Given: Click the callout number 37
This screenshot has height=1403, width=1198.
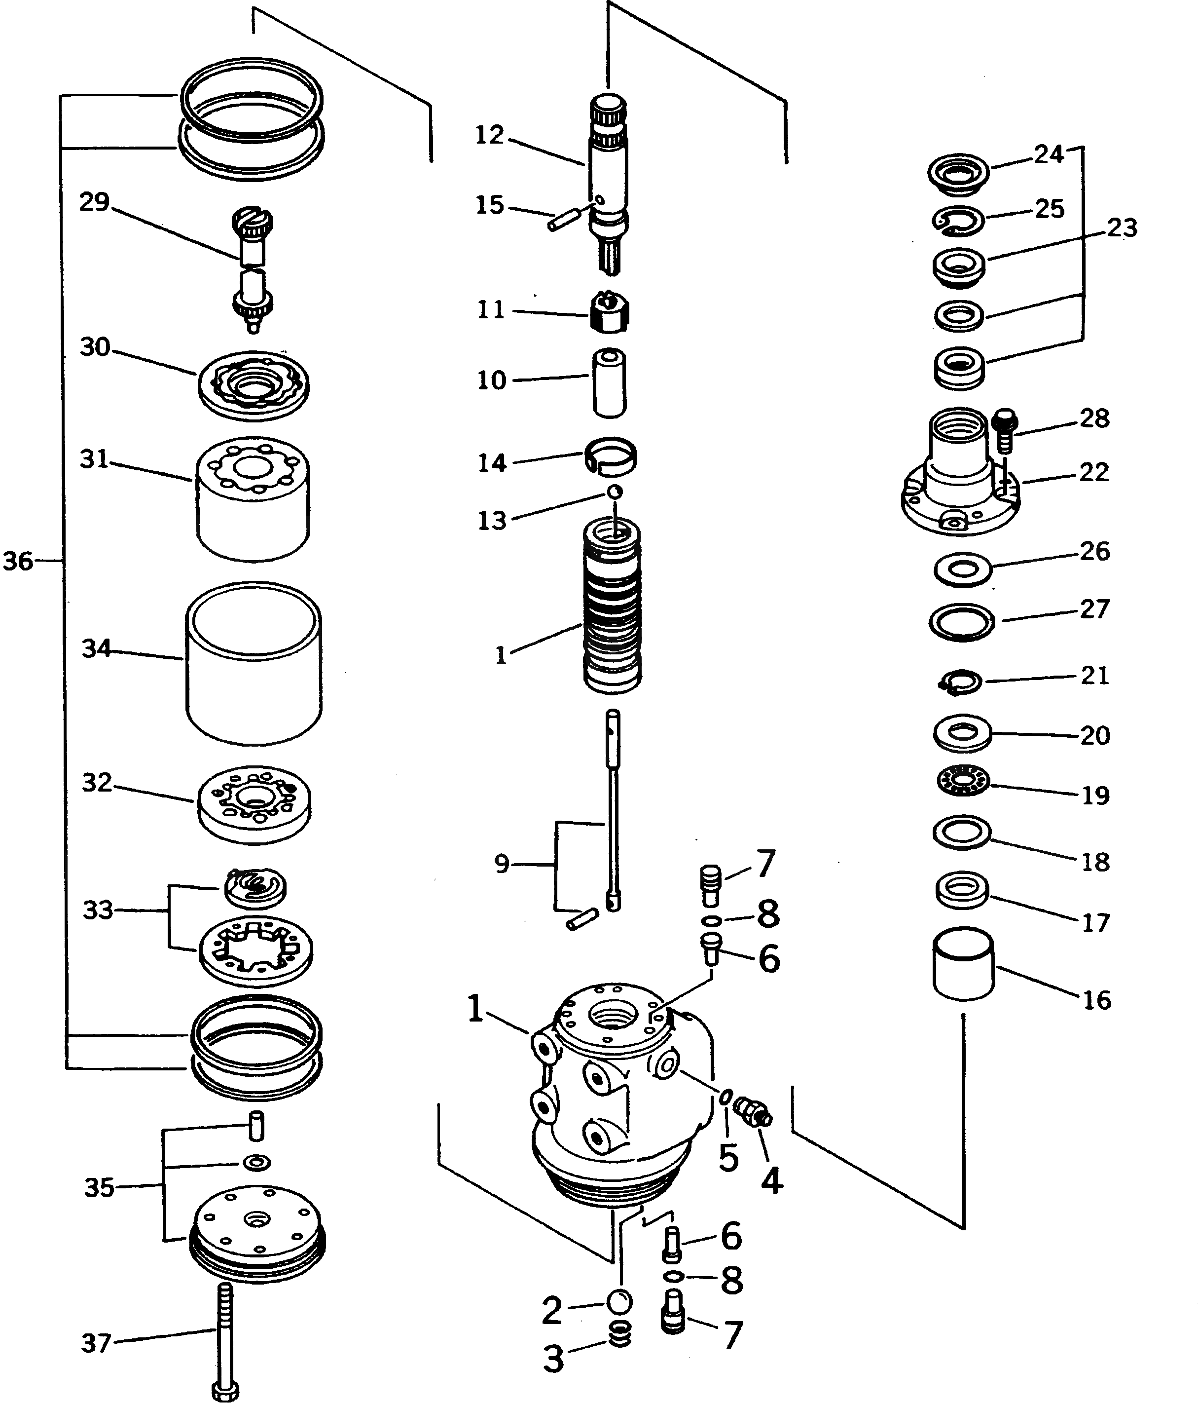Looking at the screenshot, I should [95, 1343].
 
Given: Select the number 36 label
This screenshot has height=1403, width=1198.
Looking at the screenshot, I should [18, 561].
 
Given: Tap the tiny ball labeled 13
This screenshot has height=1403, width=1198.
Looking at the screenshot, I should [615, 492].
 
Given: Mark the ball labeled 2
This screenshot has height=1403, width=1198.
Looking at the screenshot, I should [619, 1301].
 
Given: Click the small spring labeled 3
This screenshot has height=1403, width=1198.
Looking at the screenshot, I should [620, 1333].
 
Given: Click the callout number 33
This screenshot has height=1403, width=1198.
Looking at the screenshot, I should [98, 910].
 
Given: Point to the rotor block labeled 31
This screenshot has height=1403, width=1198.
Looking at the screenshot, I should [253, 497].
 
